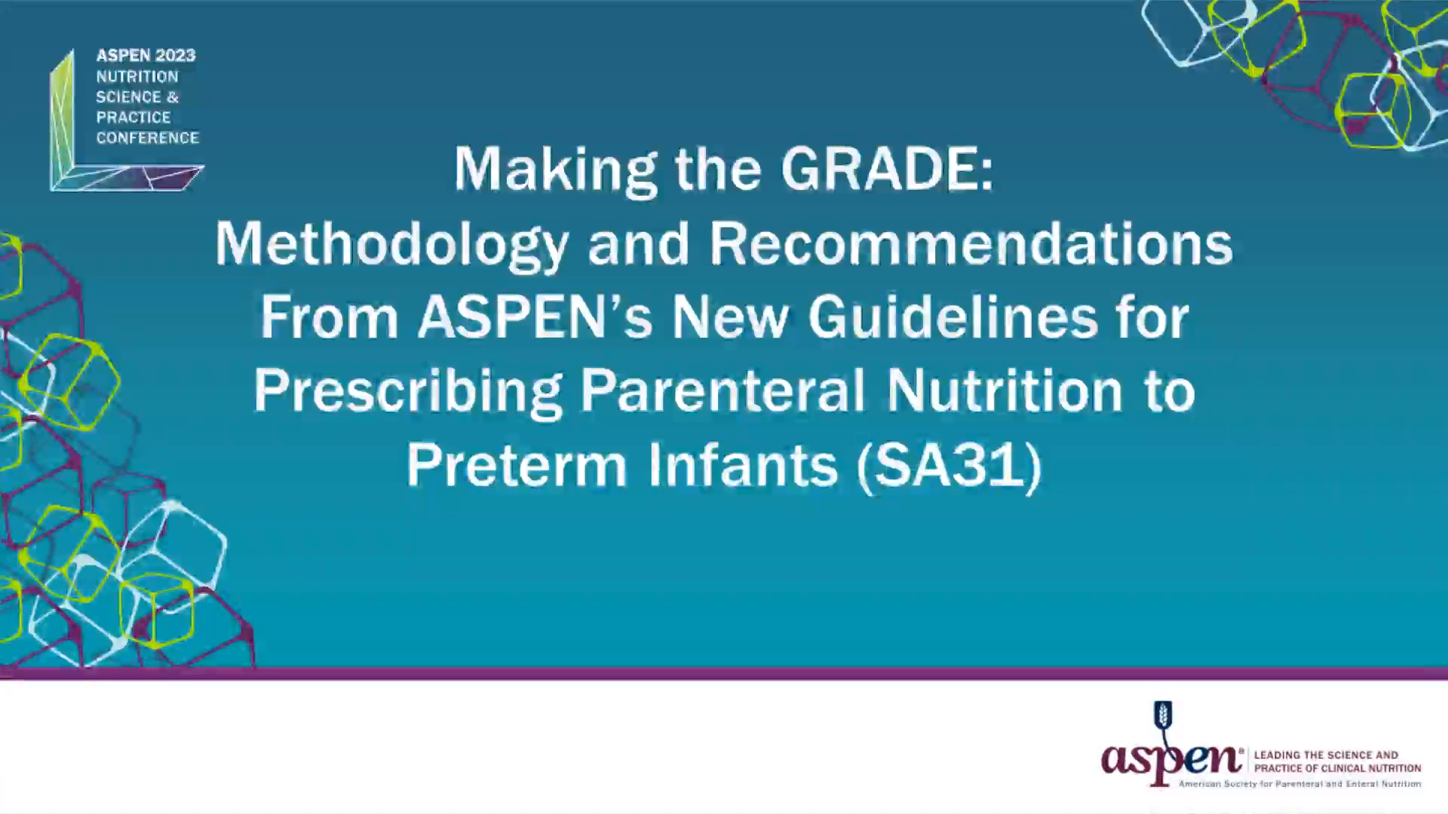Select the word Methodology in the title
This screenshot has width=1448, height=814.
tap(391, 245)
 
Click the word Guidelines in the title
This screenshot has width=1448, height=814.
tap(953, 317)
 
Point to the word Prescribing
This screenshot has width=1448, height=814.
tap(408, 392)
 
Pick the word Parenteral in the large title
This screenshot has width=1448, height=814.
tap(722, 390)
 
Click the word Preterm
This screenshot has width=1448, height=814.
tap(517, 464)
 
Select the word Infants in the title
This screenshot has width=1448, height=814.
tap(743, 464)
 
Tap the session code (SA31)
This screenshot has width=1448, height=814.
tap(950, 464)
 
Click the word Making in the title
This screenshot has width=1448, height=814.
tap(555, 168)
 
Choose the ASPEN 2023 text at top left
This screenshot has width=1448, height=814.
tap(146, 56)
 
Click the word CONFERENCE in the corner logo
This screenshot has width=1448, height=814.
tap(147, 138)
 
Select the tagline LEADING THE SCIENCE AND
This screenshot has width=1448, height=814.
tap(1326, 754)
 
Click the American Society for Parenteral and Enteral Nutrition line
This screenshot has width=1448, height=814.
tap(1299, 784)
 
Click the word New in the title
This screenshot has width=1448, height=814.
tap(730, 317)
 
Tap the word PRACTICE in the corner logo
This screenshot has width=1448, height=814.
tap(133, 118)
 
